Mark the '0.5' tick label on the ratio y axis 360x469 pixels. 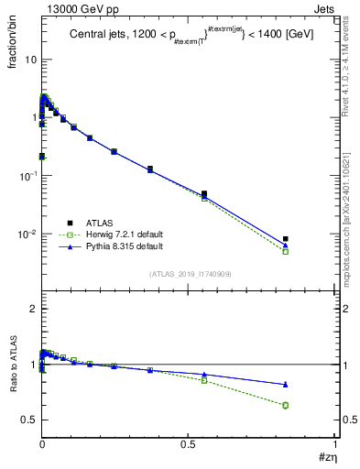pos(27,420)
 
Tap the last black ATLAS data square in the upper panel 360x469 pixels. pos(286,239)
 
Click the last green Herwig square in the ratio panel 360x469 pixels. pos(286,405)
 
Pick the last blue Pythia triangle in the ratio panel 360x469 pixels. pos(286,385)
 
